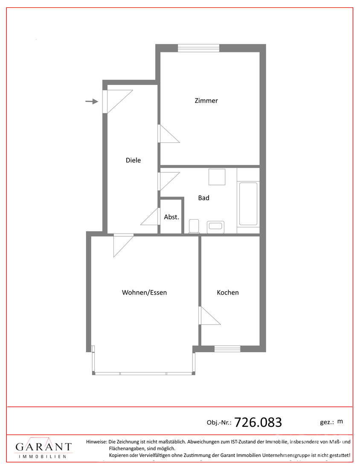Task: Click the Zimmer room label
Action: pos(206,101)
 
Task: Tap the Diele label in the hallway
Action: pos(133,160)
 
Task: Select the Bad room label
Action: pos(203,198)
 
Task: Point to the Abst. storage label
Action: pos(171,217)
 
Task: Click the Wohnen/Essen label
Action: pos(144,292)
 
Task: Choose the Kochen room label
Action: pos(228,292)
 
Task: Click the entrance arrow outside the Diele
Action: pos(92,101)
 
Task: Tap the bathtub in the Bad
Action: pos(248,203)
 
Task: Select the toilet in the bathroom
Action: pos(194,226)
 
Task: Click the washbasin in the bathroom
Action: pos(215,226)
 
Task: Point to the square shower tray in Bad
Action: pos(217,177)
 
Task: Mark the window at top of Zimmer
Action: pos(198,48)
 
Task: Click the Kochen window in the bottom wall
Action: pos(227,349)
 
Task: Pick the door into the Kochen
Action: pos(209,315)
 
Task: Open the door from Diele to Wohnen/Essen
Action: pos(123,246)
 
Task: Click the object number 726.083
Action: pos(258,423)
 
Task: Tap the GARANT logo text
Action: pos(44,447)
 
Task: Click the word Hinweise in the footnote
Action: pos(96,441)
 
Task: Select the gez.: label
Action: pos(327,423)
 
